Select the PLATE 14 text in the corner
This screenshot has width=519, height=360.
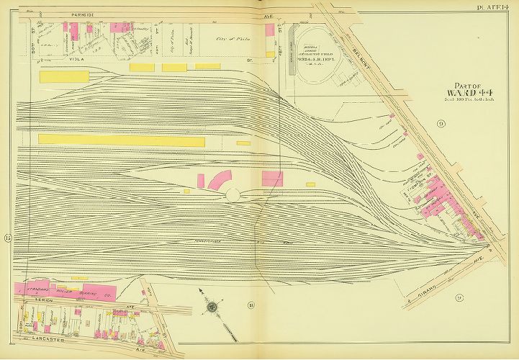pos(495,6)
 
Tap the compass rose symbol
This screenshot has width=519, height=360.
pos(212,307)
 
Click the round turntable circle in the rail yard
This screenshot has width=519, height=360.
pos(234,194)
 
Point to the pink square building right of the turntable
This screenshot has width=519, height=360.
pos(272,178)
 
